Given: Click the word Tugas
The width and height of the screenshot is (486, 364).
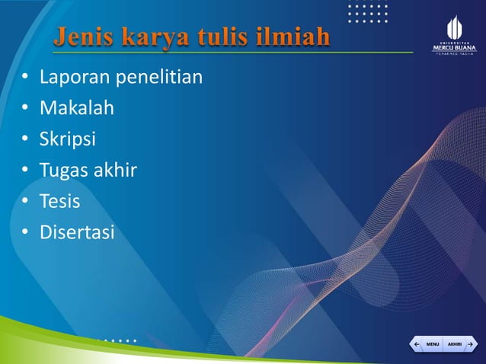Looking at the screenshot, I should [x=65, y=171].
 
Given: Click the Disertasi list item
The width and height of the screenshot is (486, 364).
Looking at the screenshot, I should [x=76, y=232].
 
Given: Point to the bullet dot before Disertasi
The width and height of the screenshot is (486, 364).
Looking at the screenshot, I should [x=25, y=233].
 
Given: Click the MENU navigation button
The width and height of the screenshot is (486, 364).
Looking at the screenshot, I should [x=428, y=344].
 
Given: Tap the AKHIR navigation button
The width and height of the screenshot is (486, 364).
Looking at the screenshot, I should [x=459, y=344].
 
